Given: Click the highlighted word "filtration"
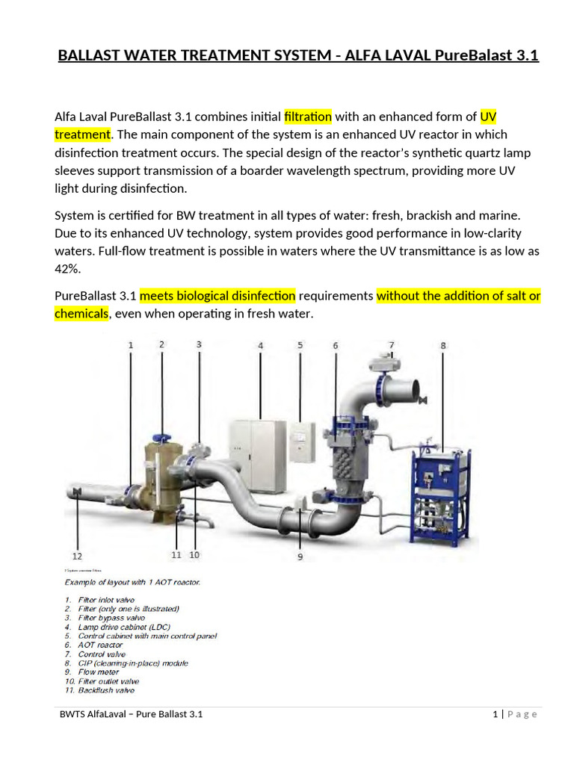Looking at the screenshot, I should pos(307,116).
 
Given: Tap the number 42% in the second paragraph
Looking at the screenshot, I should pos(67,269).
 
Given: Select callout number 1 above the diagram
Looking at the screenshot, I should pos(131,345).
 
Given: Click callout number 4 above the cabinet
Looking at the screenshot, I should pos(260,345).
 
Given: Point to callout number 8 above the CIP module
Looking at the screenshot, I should pos(442,345).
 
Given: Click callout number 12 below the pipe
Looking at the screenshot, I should pos(77,556).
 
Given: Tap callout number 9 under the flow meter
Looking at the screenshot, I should pos(300,556).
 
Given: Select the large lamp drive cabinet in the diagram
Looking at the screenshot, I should pos(257,455).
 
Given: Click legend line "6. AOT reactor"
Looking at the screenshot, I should pos(93,645).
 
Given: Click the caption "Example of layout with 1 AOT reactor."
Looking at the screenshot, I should pos(132,580).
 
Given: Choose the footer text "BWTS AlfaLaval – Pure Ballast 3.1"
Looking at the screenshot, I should pos(132,714).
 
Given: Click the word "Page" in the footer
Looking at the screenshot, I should pos(522,714).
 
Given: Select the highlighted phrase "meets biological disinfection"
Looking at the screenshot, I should pos(217,295).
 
